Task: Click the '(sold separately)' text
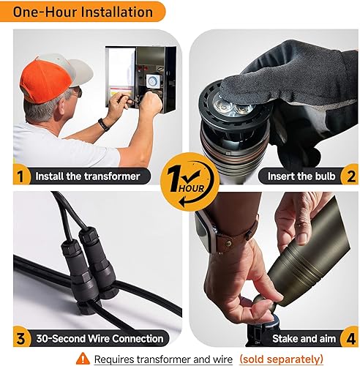281,359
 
